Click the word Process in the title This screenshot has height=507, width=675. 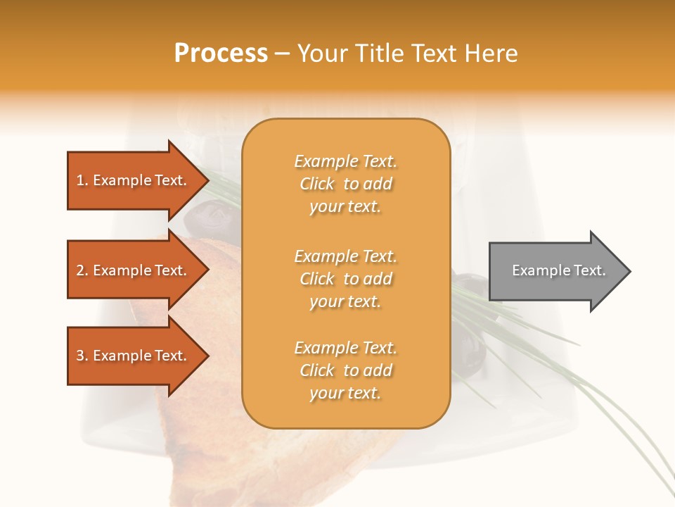[221, 53]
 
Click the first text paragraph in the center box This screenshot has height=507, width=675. [345, 184]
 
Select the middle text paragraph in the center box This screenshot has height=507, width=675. [345, 279]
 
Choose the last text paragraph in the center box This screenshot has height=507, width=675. [345, 370]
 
